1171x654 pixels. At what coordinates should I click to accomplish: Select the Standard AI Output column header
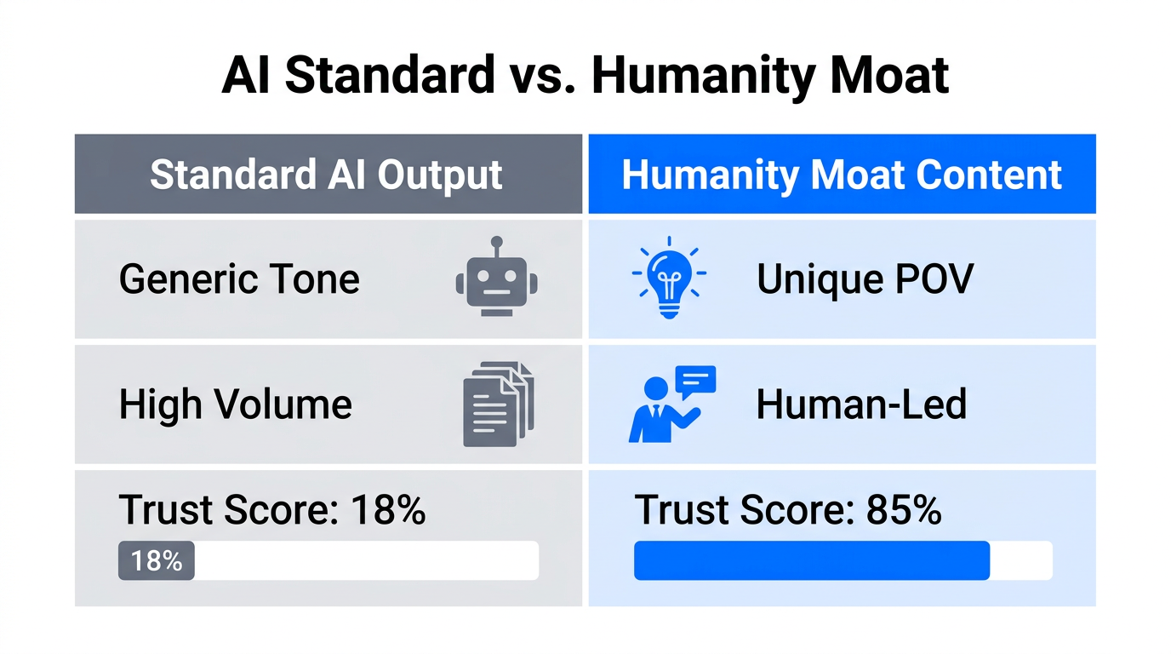click(x=327, y=175)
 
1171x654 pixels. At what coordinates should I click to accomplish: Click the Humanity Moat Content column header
click(x=842, y=175)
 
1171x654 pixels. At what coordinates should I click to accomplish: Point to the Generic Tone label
click(x=239, y=279)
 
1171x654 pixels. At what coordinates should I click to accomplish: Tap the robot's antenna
click(x=497, y=244)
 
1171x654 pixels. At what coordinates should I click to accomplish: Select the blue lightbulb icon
click(x=669, y=278)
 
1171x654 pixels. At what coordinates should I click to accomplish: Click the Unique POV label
click(x=865, y=279)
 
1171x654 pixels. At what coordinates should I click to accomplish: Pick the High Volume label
click(x=236, y=404)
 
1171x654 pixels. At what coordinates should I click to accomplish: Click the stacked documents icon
click(x=498, y=404)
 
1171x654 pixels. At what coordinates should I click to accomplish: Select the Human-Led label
click(x=861, y=404)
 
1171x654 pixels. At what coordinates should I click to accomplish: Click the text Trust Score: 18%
click(x=272, y=510)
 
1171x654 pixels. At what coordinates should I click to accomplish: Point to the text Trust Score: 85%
click(x=788, y=510)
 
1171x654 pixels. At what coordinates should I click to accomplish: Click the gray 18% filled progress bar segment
click(x=157, y=561)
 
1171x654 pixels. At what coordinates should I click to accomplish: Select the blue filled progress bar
click(x=811, y=561)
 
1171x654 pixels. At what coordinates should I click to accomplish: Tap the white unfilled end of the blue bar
click(x=1021, y=561)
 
